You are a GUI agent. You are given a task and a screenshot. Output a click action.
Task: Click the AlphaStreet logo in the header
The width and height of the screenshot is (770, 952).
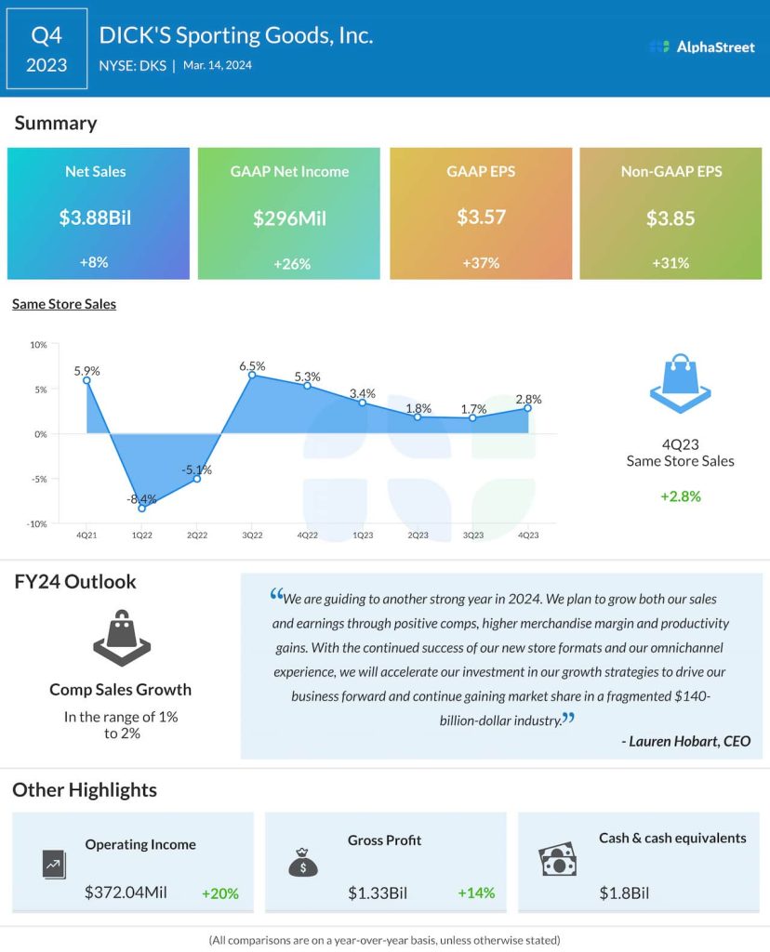click(702, 46)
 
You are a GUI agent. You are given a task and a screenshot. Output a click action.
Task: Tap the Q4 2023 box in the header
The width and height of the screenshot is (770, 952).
click(46, 48)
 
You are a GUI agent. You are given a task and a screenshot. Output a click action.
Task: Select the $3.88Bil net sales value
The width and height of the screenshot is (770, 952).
click(95, 218)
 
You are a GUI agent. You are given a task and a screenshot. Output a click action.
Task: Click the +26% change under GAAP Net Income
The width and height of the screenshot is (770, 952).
click(289, 263)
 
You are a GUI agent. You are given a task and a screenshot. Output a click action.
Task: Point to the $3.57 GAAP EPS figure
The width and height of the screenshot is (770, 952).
click(480, 218)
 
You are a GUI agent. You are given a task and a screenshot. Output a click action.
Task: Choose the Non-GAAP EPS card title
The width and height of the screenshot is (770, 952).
click(670, 171)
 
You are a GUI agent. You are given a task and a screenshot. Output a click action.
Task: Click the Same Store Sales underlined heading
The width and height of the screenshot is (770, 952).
click(64, 304)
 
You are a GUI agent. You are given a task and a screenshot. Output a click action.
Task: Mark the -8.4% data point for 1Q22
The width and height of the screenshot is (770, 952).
click(142, 509)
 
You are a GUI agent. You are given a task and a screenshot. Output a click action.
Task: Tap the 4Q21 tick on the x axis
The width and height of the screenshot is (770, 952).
click(86, 535)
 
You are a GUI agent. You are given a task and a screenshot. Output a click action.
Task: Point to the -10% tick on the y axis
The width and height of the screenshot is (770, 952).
click(38, 524)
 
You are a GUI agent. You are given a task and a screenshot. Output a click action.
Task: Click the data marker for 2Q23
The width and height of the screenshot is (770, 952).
click(418, 417)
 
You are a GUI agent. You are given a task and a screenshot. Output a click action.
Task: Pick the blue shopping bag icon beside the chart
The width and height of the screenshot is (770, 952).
click(679, 383)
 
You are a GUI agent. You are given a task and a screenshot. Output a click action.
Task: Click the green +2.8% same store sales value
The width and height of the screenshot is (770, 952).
click(680, 496)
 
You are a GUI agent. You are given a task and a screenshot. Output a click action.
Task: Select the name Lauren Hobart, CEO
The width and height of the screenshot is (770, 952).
click(685, 740)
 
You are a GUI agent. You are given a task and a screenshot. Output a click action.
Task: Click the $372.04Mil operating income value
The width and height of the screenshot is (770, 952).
click(126, 892)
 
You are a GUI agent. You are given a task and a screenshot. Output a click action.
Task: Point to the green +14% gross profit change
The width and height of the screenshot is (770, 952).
click(476, 893)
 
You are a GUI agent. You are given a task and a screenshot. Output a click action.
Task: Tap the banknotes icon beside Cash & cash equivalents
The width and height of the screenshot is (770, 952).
click(558, 861)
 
